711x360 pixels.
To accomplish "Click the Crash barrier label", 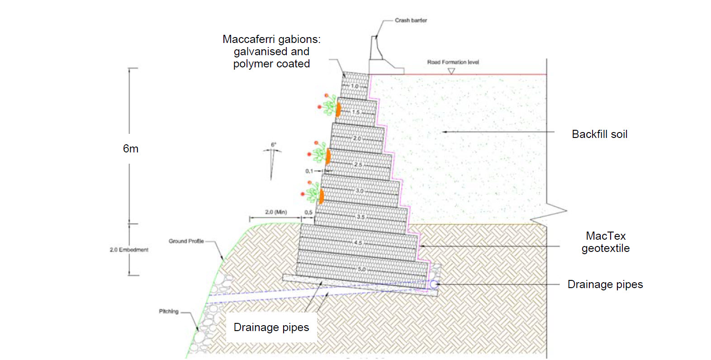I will coord(411,20).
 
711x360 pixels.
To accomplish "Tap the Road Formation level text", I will coord(453,62).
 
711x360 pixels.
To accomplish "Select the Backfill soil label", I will coord(599,134).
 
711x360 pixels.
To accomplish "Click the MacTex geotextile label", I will coord(605,242).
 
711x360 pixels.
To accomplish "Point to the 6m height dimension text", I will coord(131,149).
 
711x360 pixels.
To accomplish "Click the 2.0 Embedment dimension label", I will coord(129,250).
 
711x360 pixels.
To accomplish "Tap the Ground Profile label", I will coord(186,241).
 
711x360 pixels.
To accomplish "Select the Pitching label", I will coord(169,311).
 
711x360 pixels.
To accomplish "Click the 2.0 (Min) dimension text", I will coord(276,212).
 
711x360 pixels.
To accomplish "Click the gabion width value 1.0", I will coord(355,86).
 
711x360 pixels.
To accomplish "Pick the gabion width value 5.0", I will coord(362,269).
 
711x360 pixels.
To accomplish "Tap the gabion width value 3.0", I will coord(360,191).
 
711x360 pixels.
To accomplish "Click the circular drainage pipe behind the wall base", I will coord(434,284).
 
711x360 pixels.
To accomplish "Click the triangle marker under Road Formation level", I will coord(451,71).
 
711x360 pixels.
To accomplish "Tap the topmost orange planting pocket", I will coord(338,109).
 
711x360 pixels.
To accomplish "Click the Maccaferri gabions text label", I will coord(271,52).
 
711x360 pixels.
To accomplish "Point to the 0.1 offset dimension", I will coord(309,171).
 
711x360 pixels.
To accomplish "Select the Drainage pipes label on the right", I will coord(605,284).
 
